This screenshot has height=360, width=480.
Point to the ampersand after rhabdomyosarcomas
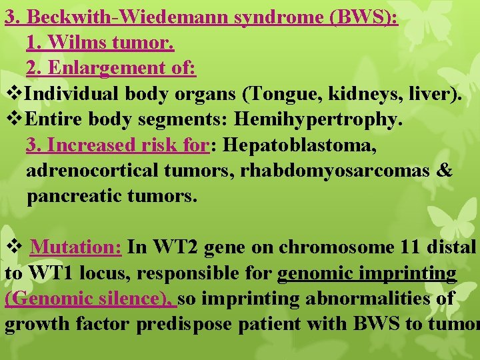[445, 171]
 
